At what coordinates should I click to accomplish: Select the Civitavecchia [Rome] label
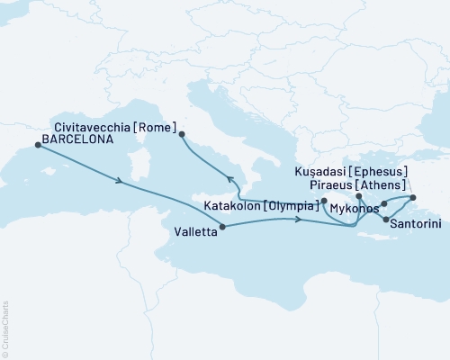113,127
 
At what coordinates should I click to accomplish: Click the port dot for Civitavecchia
183,135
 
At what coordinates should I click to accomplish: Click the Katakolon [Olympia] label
261,206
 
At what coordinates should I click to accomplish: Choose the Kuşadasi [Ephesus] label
352,170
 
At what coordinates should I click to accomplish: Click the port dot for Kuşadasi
413,197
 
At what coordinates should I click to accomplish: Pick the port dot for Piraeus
358,195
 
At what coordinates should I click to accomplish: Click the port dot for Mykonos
384,204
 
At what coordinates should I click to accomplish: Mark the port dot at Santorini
386,220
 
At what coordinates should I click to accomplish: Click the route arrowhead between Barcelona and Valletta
120,182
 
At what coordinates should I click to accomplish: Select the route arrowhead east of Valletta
298,221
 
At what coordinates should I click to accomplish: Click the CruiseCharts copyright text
5,328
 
